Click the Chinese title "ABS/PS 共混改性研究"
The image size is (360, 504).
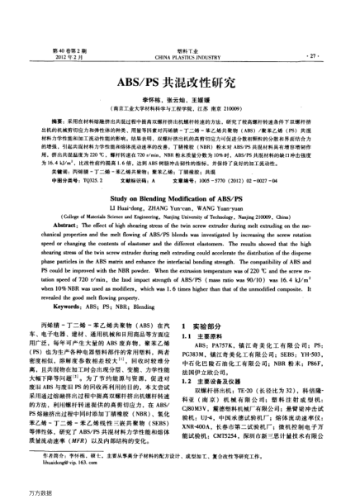(x=179, y=83)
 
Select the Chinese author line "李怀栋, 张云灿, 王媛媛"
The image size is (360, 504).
(x=179, y=99)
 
